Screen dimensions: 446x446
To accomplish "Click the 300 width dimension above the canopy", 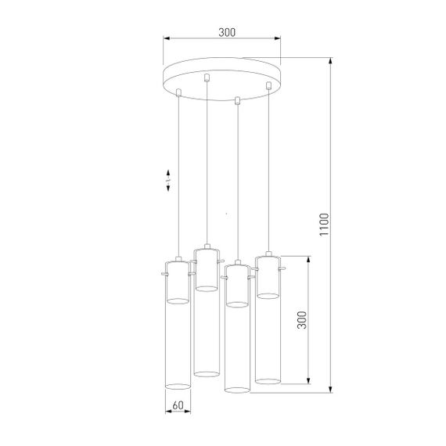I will (226, 32).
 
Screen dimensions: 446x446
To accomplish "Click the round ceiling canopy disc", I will (221, 74).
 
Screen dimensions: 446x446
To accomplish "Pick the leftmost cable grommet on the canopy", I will (179, 93).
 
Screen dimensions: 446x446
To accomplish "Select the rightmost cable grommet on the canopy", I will (268, 85).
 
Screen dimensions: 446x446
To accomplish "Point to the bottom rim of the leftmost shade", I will (177, 386).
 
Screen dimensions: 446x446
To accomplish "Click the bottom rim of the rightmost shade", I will (268, 381).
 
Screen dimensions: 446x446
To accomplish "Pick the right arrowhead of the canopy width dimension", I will (279, 39).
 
